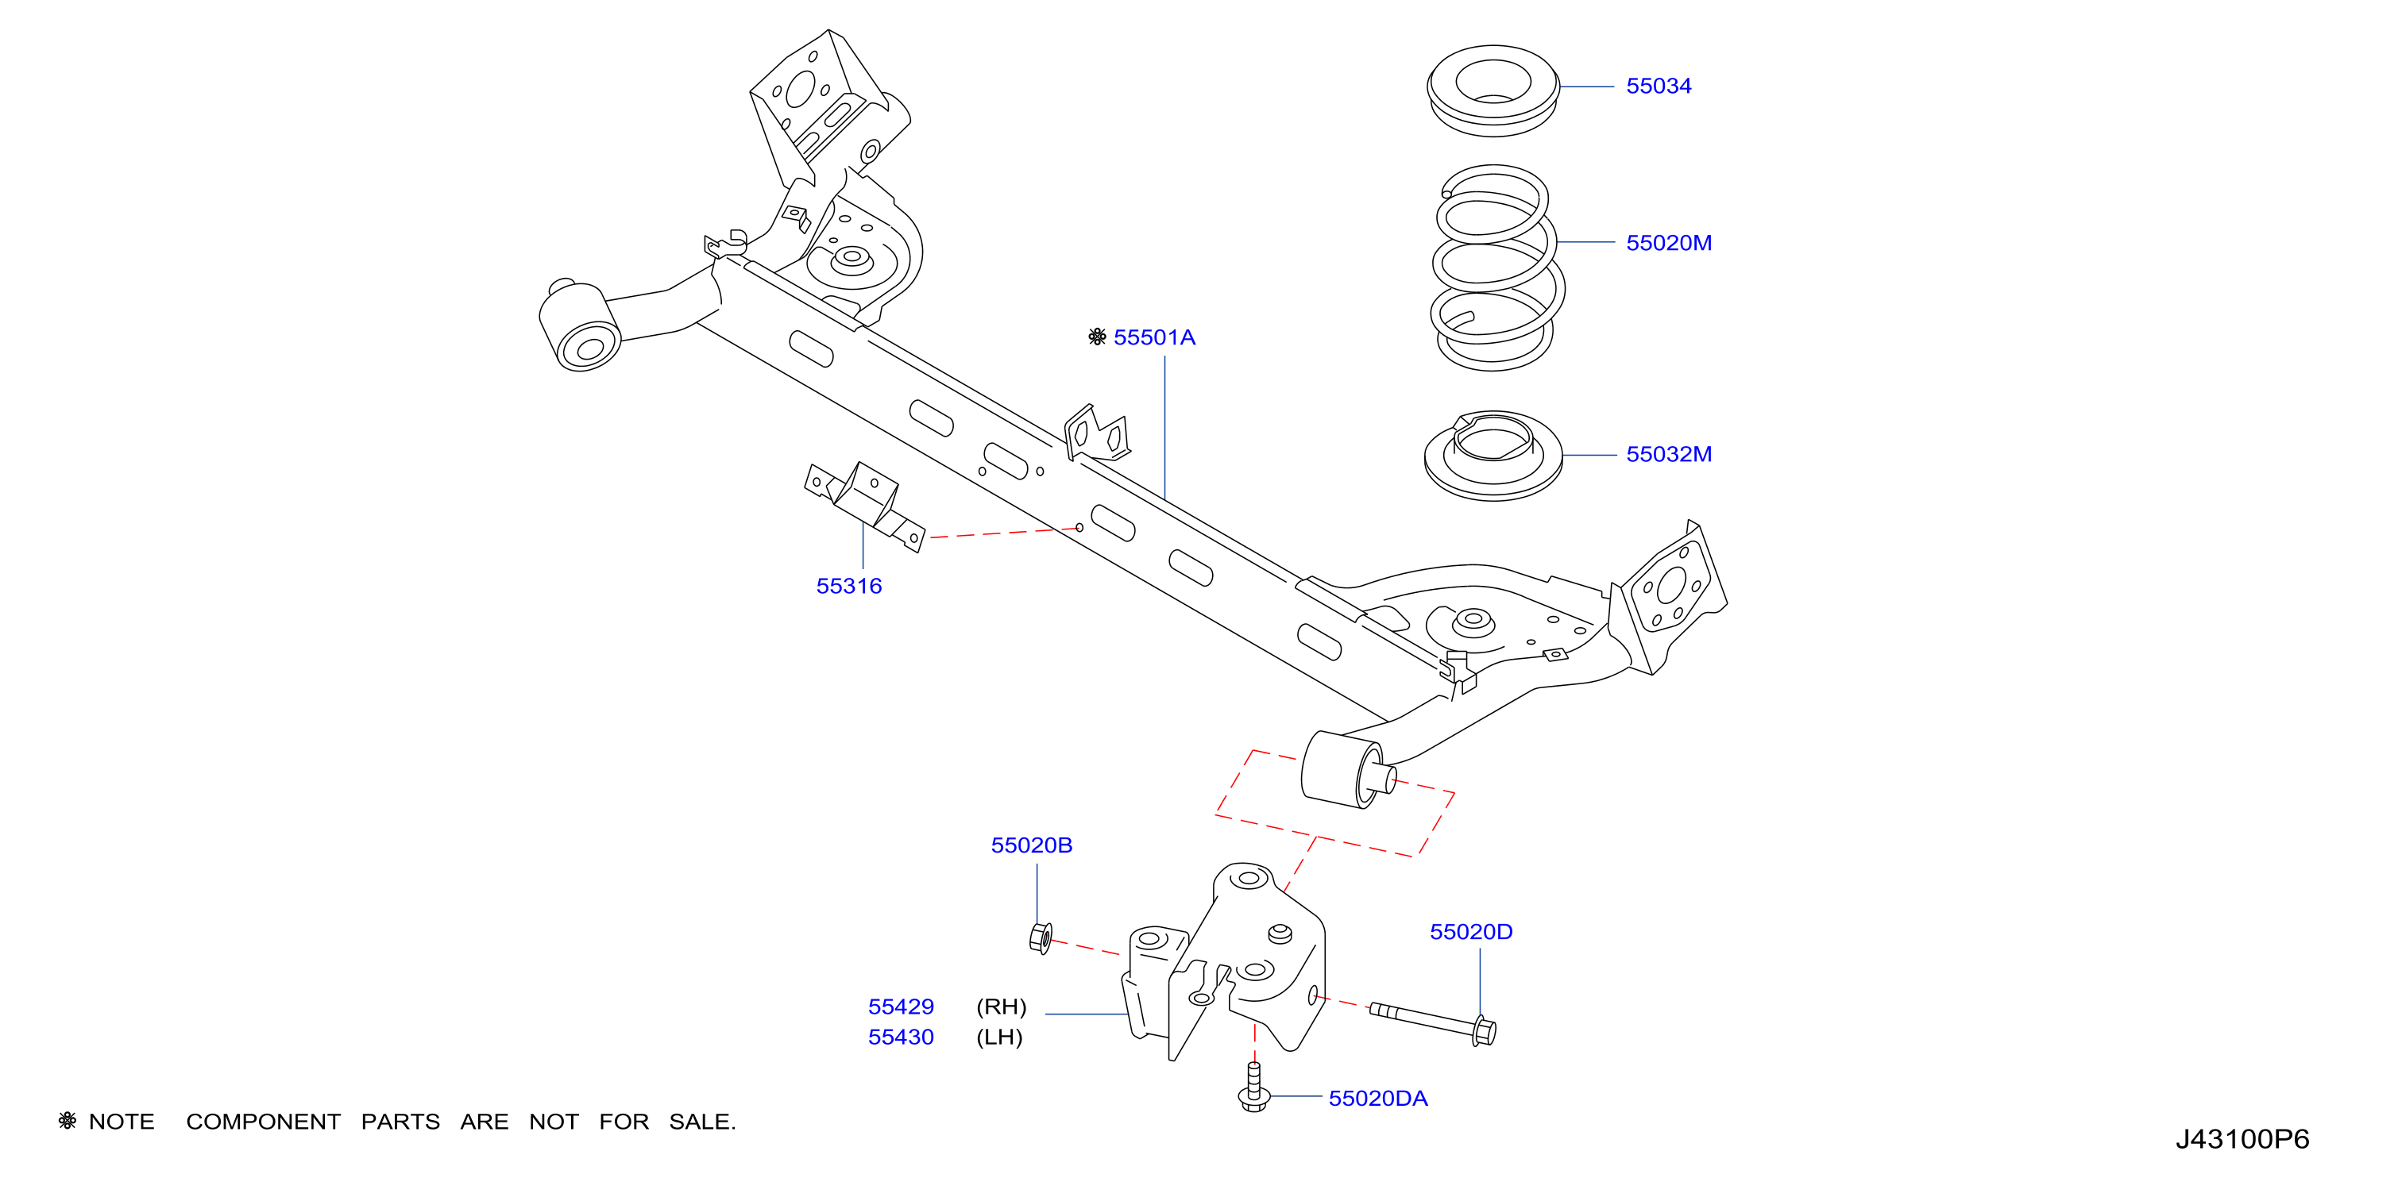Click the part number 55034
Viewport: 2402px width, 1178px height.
point(1658,86)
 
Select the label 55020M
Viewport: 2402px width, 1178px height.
point(1669,243)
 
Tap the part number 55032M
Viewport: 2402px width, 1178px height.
point(1669,455)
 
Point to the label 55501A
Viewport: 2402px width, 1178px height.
point(1154,337)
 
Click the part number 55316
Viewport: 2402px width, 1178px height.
point(848,586)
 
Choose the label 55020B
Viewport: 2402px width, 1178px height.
point(1031,845)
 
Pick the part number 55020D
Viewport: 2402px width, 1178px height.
point(1471,932)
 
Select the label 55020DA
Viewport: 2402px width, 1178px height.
point(1378,1099)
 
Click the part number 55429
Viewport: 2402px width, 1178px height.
point(901,1007)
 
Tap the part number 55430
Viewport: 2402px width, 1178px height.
point(901,1037)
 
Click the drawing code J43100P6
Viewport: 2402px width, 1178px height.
point(2242,1139)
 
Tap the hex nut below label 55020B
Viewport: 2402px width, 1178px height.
point(1041,938)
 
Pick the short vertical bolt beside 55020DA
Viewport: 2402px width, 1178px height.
point(1254,1087)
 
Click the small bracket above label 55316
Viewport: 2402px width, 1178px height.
point(864,504)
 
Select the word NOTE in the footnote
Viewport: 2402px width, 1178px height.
point(122,1122)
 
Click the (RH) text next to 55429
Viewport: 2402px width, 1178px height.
point(1002,1007)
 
